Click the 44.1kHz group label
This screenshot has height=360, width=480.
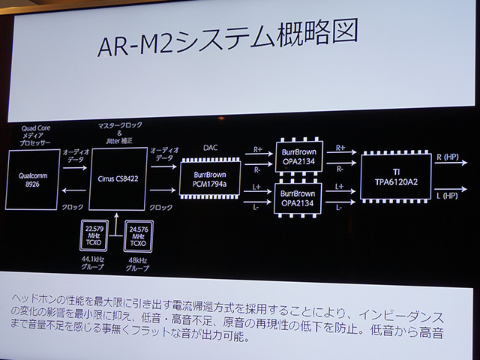point(95,265)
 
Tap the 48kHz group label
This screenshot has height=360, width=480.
point(139,265)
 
